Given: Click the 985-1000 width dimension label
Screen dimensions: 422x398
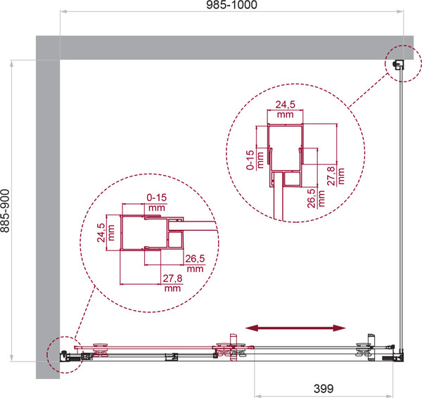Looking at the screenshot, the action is [231, 5].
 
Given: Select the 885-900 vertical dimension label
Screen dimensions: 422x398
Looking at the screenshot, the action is [5, 211].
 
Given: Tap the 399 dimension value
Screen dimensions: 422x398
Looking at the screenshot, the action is [324, 388].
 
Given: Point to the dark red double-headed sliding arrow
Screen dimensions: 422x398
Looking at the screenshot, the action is [295, 328].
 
